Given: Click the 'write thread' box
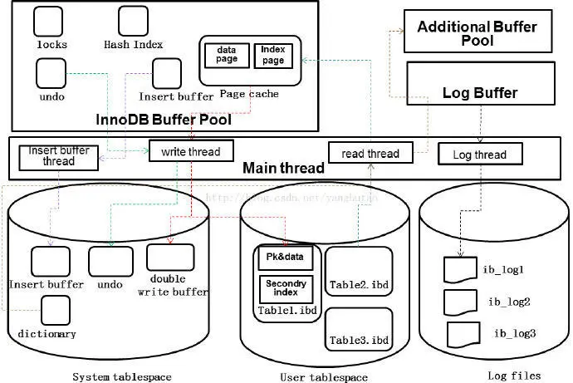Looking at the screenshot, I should coord(191,150).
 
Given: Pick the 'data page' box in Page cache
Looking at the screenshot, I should coord(226,55).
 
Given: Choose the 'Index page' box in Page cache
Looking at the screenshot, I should coord(272,55).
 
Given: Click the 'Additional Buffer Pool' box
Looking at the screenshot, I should coord(477,32).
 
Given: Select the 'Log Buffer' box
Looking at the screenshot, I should coord(478,91).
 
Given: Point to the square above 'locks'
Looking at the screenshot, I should coord(52,21).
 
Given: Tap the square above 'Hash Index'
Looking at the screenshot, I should coord(133,21).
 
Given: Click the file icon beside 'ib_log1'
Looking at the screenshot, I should coord(459,270).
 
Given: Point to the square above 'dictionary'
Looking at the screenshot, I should coord(56,311).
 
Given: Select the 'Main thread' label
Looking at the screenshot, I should coord(283,169).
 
